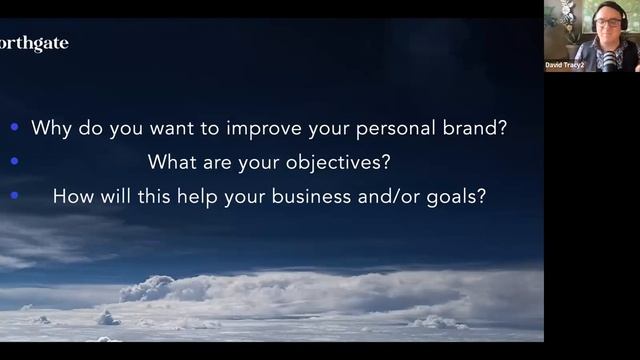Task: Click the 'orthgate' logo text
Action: (x=34, y=44)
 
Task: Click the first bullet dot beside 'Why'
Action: (x=14, y=128)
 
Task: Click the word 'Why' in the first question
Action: (x=50, y=128)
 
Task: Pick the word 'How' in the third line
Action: (x=73, y=196)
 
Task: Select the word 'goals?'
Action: (x=460, y=196)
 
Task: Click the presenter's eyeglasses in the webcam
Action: (x=607, y=21)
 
